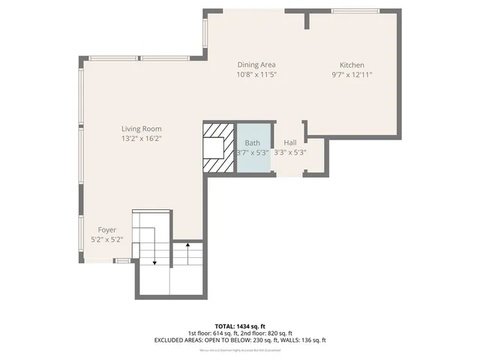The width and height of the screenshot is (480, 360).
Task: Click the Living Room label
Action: tap(142, 128)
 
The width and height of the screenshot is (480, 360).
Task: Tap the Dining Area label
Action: tap(257, 64)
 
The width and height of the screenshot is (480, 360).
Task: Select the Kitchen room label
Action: tap(352, 64)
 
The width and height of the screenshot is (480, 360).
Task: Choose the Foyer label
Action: tap(106, 229)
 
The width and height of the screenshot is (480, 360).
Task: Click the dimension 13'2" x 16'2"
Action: tap(142, 139)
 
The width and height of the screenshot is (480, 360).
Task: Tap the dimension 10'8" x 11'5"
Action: tap(257, 75)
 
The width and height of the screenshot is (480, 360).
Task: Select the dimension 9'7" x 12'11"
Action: tap(352, 75)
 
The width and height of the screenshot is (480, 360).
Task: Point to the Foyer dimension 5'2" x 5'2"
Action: tap(106, 239)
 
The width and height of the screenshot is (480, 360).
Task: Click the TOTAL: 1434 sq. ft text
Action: tap(239, 326)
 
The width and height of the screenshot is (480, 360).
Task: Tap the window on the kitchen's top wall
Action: tap(354, 10)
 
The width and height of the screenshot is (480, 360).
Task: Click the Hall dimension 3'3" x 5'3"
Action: tap(289, 152)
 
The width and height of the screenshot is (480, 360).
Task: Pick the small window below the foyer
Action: tap(121, 260)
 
